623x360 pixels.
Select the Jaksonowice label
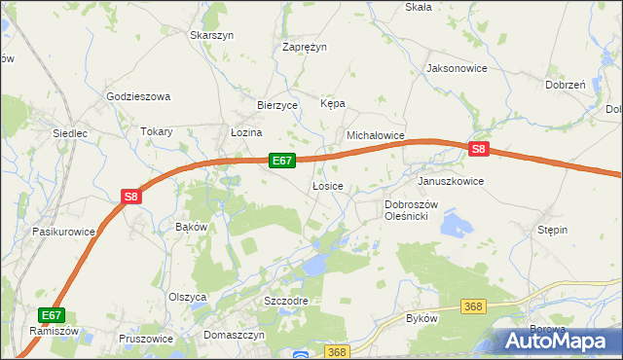[x=457, y=69]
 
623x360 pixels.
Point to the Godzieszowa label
[x=138, y=96]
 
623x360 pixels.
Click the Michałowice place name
[x=376, y=137]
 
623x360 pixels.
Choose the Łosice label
[x=327, y=186]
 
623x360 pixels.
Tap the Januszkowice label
[x=450, y=181]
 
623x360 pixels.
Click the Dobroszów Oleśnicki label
[x=413, y=210]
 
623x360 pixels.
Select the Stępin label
[x=552, y=230]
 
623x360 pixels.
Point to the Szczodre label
[x=286, y=301]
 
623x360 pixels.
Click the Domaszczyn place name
[x=235, y=334]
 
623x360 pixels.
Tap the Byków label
[x=421, y=318]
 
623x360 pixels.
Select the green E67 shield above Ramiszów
[x=53, y=315]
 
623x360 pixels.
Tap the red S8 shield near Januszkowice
[x=478, y=149]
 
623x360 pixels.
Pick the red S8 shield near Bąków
[x=132, y=197]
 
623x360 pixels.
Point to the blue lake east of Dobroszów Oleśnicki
[x=456, y=227]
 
